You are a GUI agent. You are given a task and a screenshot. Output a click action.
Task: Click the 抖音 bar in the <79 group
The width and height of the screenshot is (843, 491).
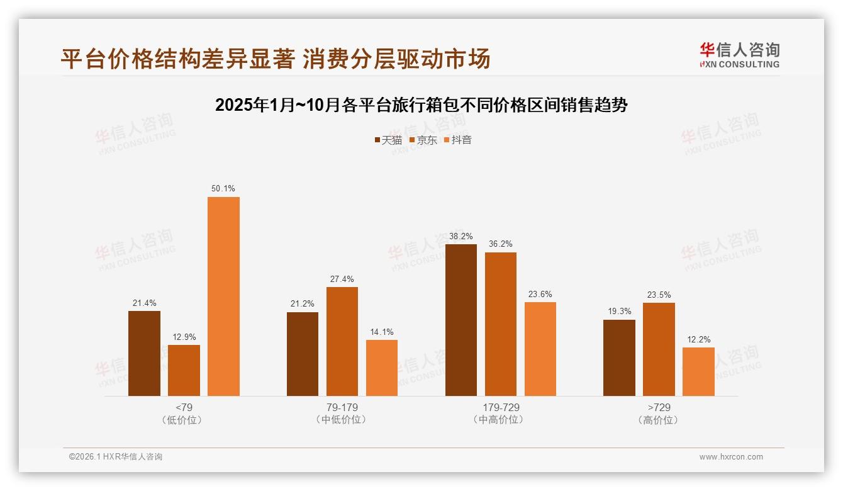(x=223, y=296)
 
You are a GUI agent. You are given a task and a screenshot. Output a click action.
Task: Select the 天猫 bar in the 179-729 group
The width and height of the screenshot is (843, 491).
(x=461, y=320)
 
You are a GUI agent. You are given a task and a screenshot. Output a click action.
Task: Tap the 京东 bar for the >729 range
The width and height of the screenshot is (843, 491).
(x=659, y=349)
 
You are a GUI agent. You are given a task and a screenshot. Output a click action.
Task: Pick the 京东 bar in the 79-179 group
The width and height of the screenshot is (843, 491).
(x=342, y=341)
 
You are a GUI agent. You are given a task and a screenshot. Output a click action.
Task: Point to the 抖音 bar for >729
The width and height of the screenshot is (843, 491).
(x=698, y=371)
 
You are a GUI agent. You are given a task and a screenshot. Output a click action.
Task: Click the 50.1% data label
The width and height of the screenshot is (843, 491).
(x=223, y=189)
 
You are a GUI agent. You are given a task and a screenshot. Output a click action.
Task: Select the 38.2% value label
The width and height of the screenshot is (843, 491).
(x=461, y=236)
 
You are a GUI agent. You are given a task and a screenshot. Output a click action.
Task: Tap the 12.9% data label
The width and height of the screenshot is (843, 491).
(x=184, y=337)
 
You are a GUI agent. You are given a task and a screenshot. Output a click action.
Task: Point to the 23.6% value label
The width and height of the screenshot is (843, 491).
(x=540, y=294)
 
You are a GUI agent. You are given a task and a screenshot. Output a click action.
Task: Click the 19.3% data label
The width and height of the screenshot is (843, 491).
(x=619, y=312)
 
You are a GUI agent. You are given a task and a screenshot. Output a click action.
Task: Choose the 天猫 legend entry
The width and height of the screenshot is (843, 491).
(x=388, y=140)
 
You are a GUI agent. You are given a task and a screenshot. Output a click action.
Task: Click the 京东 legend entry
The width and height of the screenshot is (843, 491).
(x=423, y=140)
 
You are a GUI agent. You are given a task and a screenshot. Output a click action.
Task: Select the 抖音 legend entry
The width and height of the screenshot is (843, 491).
(x=458, y=140)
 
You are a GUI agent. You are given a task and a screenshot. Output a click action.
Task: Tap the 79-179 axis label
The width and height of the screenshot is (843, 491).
(x=342, y=407)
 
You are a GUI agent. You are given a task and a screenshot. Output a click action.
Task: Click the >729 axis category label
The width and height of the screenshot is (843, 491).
(x=659, y=407)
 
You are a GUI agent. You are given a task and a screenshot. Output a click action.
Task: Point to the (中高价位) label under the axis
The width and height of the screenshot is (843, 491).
(x=501, y=420)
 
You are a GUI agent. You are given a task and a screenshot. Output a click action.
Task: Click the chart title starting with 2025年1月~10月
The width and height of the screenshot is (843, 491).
(x=421, y=105)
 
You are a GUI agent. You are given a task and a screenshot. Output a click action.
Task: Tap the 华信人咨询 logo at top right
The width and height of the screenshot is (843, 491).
(x=739, y=55)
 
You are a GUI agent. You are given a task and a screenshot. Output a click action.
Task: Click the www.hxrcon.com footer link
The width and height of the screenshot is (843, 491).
(x=731, y=457)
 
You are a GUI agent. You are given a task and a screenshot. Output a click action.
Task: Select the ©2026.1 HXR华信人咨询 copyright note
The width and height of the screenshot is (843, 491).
(x=116, y=457)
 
